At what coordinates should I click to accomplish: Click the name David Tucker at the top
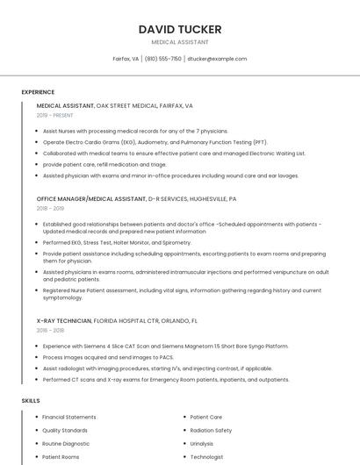tap(180, 29)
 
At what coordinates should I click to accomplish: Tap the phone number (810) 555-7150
tap(163, 59)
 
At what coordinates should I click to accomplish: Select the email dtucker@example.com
tap(217, 59)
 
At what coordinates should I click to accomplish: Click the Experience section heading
tap(38, 92)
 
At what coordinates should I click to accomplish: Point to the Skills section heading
tap(31, 401)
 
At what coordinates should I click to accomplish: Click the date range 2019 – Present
tap(54, 115)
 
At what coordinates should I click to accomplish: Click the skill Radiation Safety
tap(211, 431)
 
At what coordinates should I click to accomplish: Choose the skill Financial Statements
tap(69, 417)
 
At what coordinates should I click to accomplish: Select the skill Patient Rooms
tap(61, 457)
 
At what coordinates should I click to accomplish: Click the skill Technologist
tap(207, 457)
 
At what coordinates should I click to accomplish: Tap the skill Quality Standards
tap(65, 431)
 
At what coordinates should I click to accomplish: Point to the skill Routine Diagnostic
tap(66, 444)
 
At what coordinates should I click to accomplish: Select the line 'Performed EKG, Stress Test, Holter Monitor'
tap(117, 242)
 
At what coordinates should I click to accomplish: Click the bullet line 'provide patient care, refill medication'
tap(104, 164)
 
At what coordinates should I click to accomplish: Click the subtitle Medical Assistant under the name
tap(180, 42)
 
